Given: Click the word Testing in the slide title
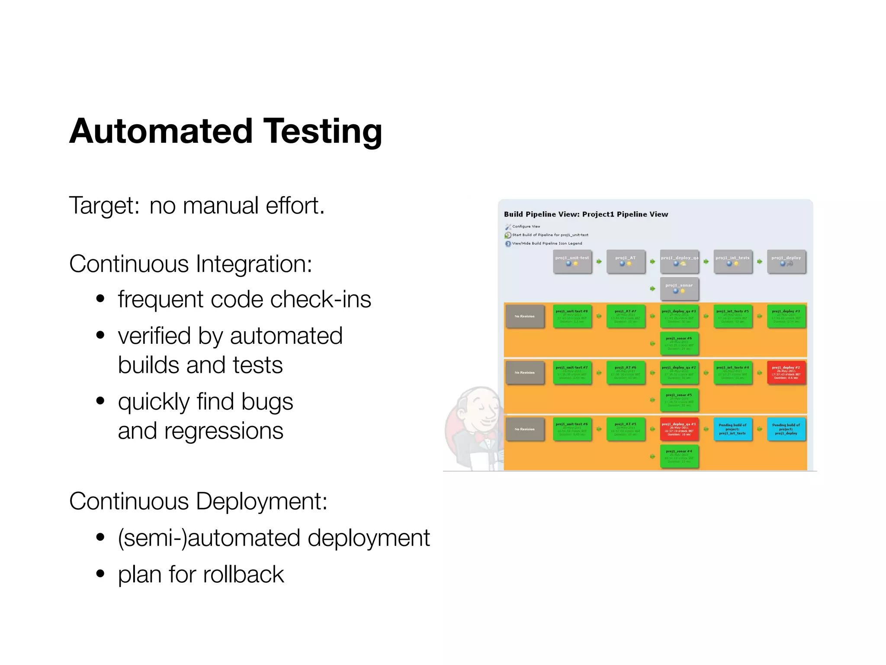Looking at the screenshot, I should pos(322,131).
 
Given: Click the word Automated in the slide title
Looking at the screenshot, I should pos(161,131).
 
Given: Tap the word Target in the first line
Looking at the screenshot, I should pos(104,206).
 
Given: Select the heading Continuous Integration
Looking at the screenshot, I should pos(190,264).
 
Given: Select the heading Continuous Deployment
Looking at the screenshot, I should pos(198,501).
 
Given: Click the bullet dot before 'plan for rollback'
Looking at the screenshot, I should pos(100,574).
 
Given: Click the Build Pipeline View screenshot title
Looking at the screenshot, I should pos(586,214).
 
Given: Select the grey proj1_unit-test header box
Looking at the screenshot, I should pos(572,261).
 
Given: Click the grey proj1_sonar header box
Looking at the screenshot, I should pos(679,288).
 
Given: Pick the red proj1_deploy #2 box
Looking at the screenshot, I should pos(786,372).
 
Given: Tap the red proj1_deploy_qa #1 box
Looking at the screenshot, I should pos(679,429).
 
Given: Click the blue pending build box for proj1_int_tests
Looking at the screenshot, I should pos(732,429).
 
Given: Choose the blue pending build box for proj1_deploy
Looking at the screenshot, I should pos(786,429).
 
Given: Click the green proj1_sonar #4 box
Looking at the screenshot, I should pos(679,456).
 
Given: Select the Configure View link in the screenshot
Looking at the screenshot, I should pos(526,226).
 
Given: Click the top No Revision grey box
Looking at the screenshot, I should pos(524,316).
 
